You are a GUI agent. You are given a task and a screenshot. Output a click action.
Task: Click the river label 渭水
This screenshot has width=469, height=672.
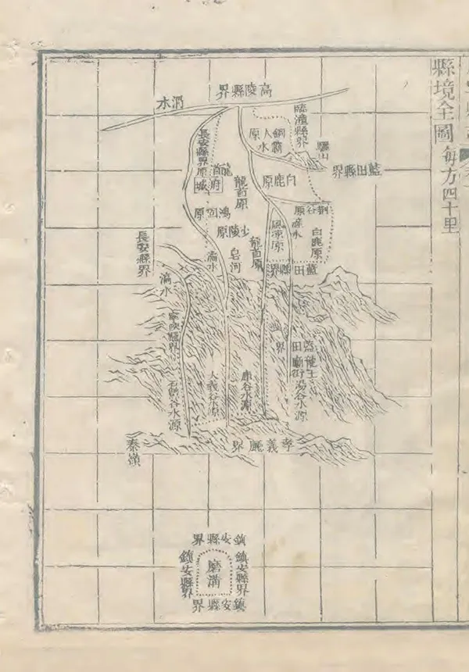171,102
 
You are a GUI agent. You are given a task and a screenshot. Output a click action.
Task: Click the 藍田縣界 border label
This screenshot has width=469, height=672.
356,173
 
